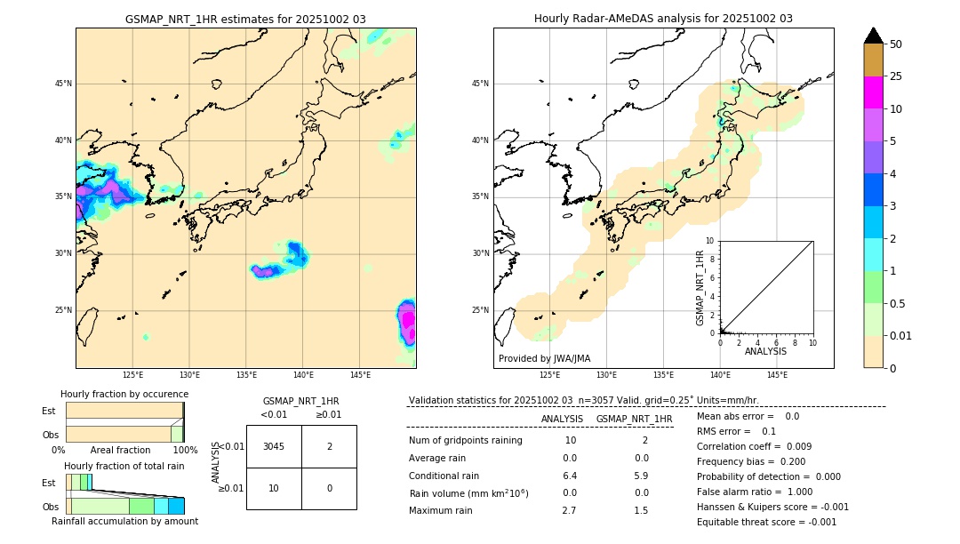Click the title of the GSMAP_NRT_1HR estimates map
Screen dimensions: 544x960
[x=245, y=19]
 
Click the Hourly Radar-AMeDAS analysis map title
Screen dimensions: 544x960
[x=663, y=19]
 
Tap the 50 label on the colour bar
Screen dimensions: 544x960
[x=896, y=44]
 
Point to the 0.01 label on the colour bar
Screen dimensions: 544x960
[x=901, y=335]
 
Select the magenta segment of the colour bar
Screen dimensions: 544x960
[x=873, y=92]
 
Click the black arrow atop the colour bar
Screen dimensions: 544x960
[x=873, y=36]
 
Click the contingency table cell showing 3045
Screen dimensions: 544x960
[x=274, y=446]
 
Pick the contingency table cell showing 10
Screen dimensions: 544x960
[x=274, y=488]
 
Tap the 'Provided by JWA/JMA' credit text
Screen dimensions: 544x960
[x=544, y=358]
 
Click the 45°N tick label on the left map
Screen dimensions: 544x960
[x=63, y=84]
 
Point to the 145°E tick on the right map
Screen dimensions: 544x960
[x=777, y=376]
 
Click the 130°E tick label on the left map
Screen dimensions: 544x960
[x=189, y=376]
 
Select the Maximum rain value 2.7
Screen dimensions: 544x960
[x=570, y=510]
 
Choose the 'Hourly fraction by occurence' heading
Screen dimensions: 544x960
[x=124, y=394]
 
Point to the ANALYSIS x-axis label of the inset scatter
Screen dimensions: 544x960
[x=765, y=351]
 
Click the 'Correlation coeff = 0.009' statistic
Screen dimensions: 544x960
[x=754, y=446]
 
